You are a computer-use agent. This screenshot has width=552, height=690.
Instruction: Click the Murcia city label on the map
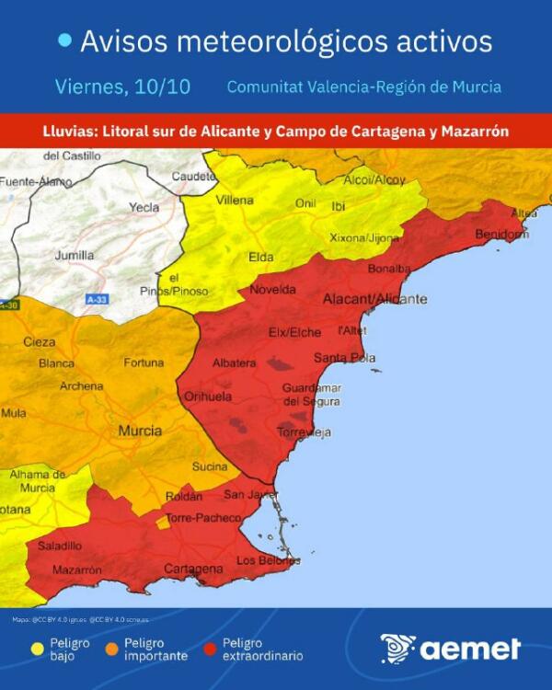pyautogui.click(x=141, y=430)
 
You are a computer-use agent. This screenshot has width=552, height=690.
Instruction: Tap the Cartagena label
pyautogui.click(x=193, y=569)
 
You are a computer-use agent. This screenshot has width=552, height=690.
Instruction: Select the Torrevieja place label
pyautogui.click(x=305, y=432)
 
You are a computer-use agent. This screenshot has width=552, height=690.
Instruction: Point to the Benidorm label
pyautogui.click(x=503, y=235)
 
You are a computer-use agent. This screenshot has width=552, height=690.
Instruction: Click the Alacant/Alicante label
pyautogui.click(x=374, y=299)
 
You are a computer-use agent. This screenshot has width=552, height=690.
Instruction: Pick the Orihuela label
pyautogui.click(x=208, y=397)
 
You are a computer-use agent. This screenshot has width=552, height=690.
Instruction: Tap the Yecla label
pyautogui.click(x=144, y=208)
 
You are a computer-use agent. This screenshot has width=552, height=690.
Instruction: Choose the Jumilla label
pyautogui.click(x=75, y=255)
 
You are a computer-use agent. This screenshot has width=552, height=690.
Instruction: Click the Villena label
pyautogui.click(x=235, y=200)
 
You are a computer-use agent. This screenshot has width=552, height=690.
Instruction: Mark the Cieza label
pyautogui.click(x=40, y=342)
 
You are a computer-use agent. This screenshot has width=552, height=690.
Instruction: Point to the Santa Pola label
pyautogui.click(x=344, y=357)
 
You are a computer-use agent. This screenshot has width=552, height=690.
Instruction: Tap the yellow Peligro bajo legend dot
pyautogui.click(x=37, y=650)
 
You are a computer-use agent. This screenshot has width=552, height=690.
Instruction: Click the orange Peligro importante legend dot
pyautogui.click(x=110, y=650)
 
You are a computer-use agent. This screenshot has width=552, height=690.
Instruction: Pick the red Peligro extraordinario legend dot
pyautogui.click(x=210, y=650)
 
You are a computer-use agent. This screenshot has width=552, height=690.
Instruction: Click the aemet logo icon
pyautogui.click(x=398, y=649)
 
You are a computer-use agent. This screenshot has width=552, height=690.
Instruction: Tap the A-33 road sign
pyautogui.click(x=97, y=300)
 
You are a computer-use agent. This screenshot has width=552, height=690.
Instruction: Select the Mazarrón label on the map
pyautogui.click(x=77, y=570)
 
